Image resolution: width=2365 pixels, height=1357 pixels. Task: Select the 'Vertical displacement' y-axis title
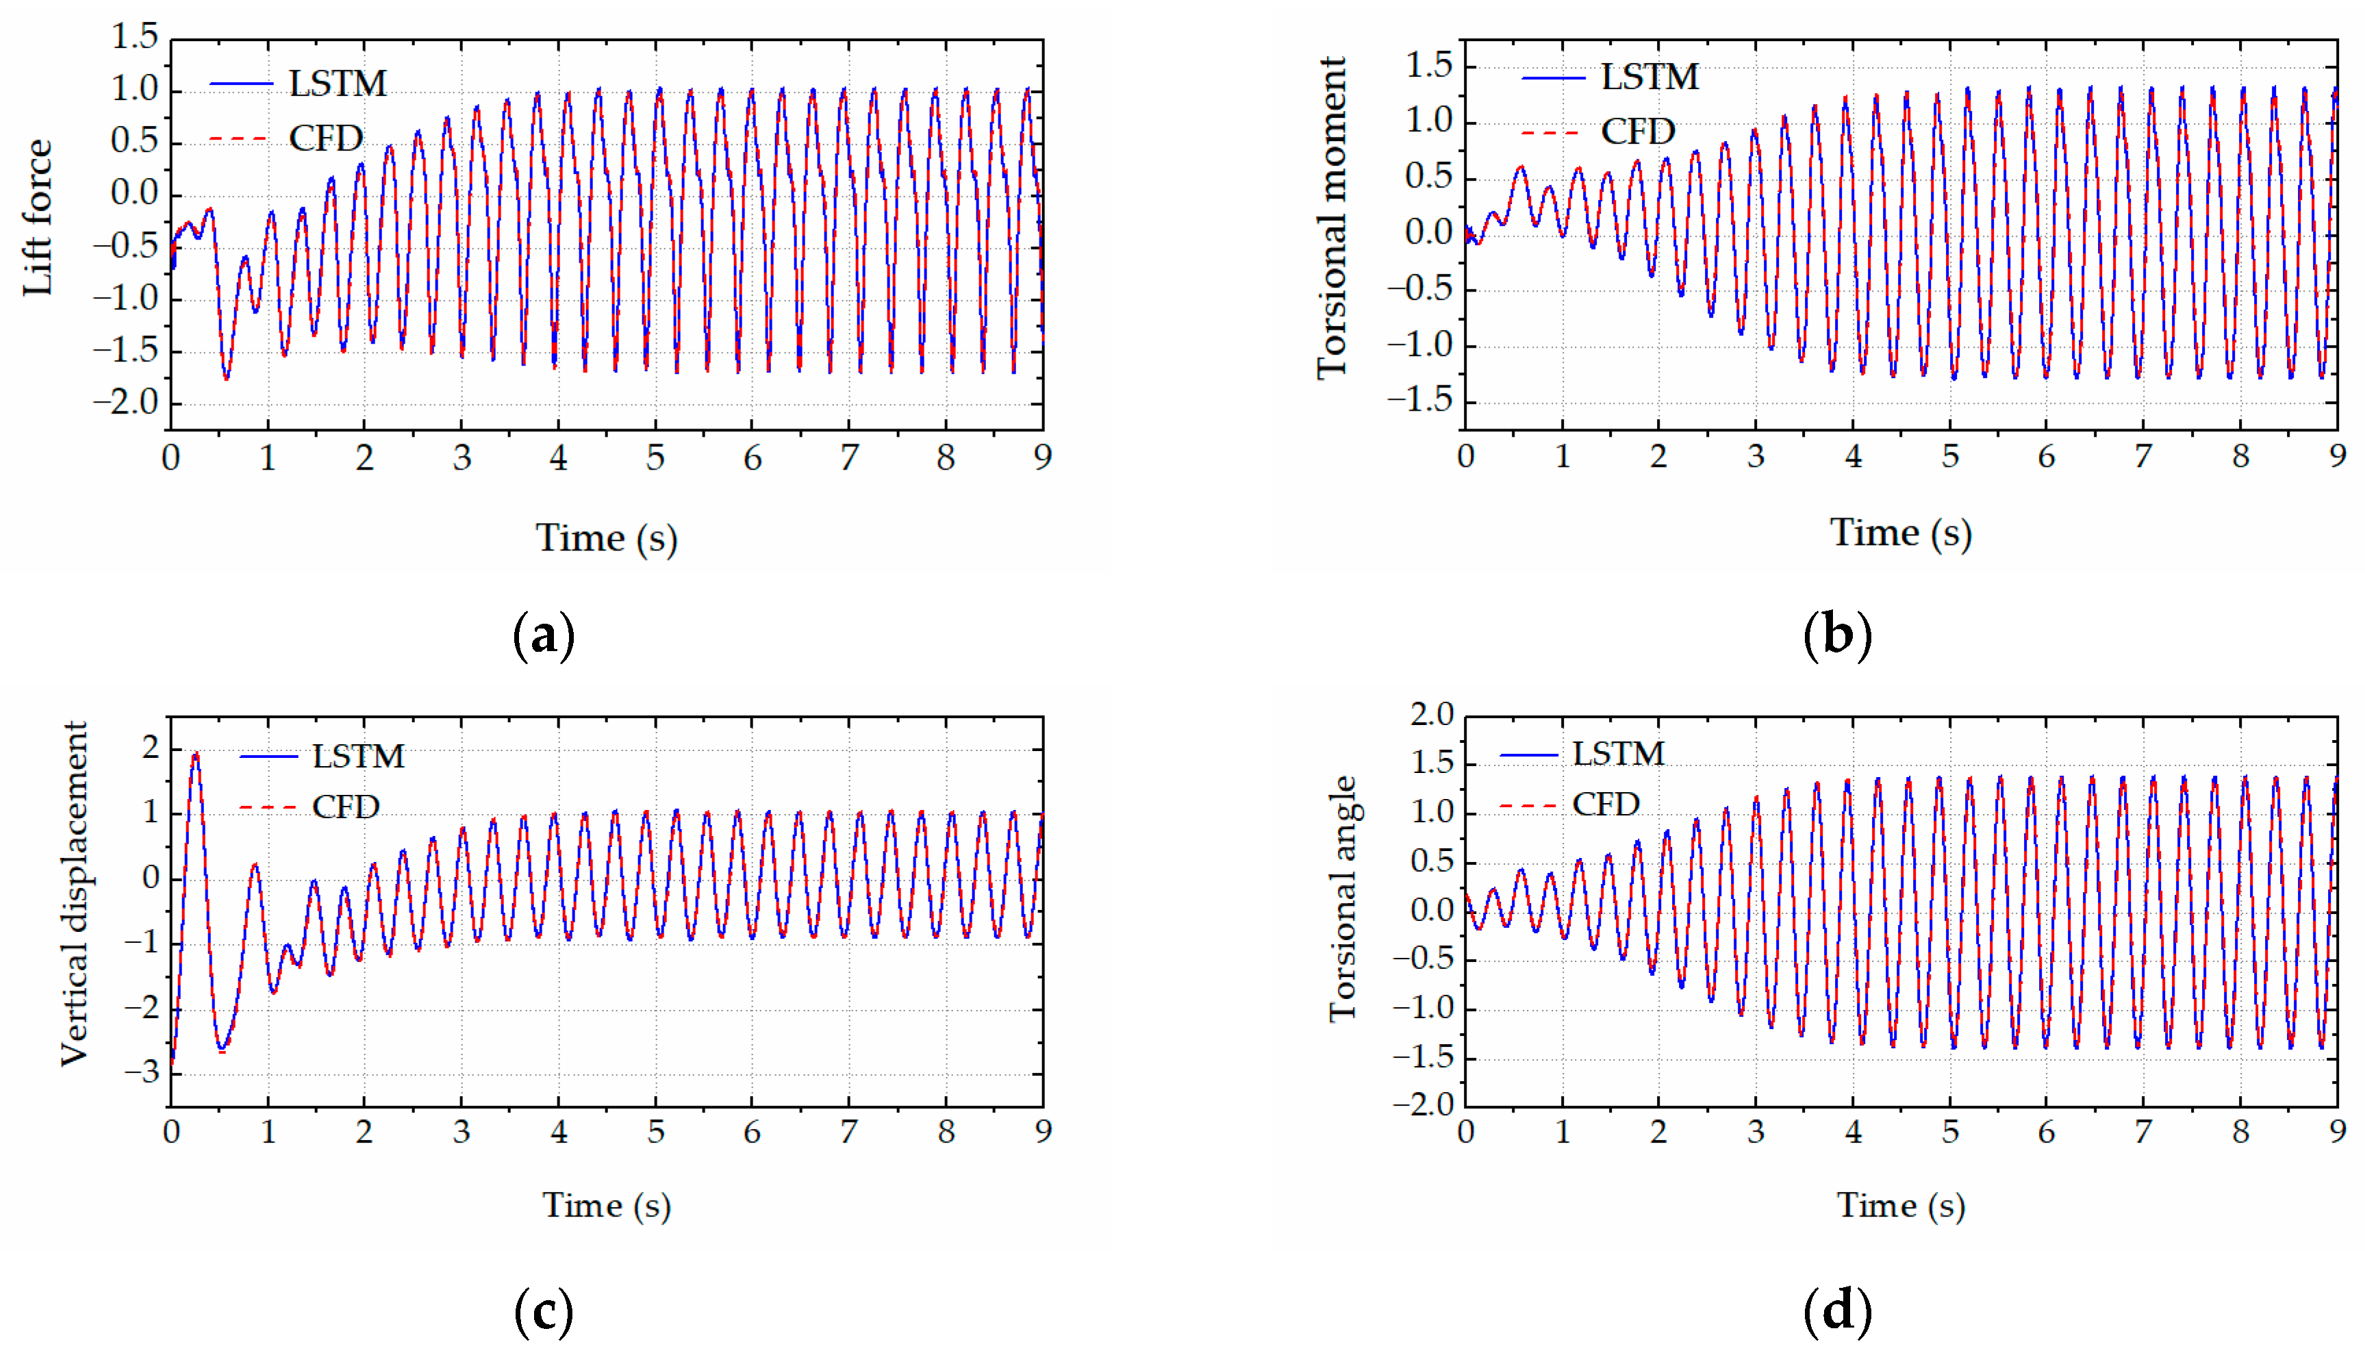coord(75,893)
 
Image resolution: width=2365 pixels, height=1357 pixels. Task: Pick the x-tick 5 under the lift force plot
coord(656,457)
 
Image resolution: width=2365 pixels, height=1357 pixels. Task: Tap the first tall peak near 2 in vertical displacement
coord(194,755)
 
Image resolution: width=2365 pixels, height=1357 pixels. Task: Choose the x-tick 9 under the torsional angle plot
coord(2337,1132)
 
